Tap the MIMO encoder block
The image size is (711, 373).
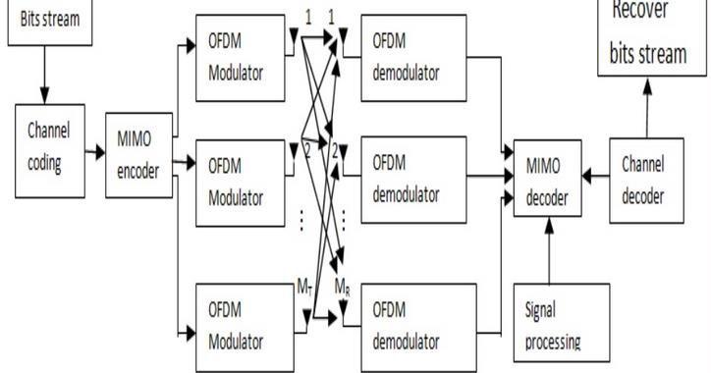tap(138, 155)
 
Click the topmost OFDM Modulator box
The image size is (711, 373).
tap(237, 59)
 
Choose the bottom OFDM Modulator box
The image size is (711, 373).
tap(237, 328)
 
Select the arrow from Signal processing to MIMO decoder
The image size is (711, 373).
tap(548, 250)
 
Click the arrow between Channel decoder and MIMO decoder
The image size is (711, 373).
tap(595, 178)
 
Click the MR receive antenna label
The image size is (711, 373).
tap(342, 287)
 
